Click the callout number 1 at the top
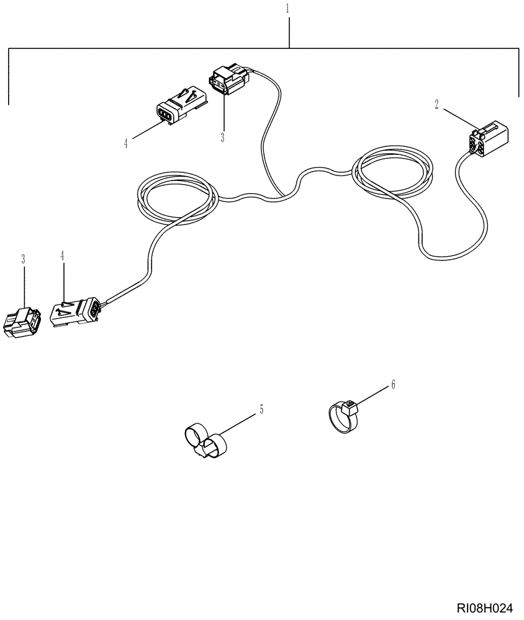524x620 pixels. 288,9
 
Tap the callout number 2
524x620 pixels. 436,105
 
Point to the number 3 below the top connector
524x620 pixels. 222,137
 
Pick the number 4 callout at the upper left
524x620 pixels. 125,143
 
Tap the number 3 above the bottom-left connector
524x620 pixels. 24,258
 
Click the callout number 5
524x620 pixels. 261,409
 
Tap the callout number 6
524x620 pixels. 392,385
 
